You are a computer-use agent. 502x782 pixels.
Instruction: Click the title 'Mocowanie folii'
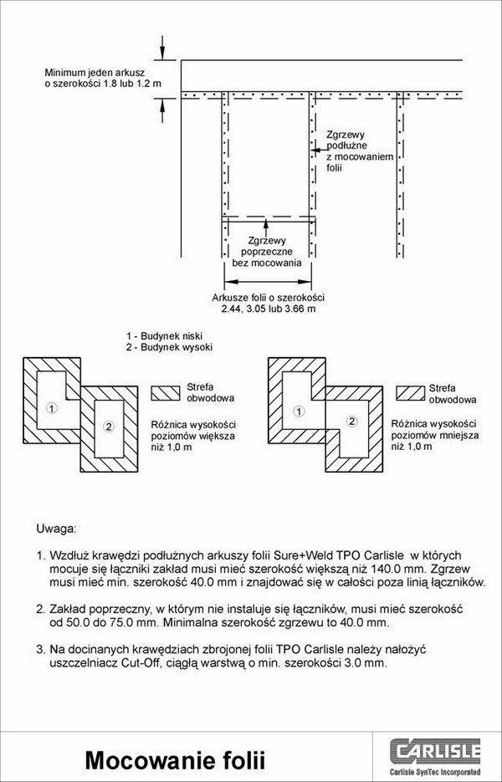pyautogui.click(x=175, y=760)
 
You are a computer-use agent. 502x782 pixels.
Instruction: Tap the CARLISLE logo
pyautogui.click(x=435, y=752)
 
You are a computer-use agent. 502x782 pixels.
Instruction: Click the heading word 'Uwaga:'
pyautogui.click(x=55, y=529)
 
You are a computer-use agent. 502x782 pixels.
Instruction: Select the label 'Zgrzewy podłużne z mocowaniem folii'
pyautogui.click(x=360, y=151)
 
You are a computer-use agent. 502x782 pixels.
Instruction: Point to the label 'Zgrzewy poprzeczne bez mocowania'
pyautogui.click(x=267, y=252)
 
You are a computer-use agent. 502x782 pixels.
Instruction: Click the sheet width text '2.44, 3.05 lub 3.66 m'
pyautogui.click(x=269, y=309)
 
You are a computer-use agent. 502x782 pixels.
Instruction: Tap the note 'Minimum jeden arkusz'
pyautogui.click(x=95, y=73)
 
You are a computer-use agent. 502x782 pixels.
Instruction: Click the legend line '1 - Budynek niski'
pyautogui.click(x=164, y=336)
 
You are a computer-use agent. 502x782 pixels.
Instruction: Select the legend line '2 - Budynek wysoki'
pyautogui.click(x=169, y=347)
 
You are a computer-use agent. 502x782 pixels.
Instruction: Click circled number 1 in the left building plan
pyautogui.click(x=51, y=408)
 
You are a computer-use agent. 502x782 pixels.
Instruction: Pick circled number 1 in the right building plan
pyautogui.click(x=299, y=411)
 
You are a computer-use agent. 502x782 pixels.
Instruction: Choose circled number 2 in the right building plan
pyautogui.click(x=352, y=422)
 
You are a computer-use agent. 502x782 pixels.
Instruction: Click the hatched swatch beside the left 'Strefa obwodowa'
pyautogui.click(x=166, y=393)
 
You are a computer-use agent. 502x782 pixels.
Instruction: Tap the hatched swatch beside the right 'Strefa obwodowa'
pyautogui.click(x=411, y=393)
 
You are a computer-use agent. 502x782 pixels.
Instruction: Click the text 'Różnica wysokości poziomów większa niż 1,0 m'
pyautogui.click(x=193, y=436)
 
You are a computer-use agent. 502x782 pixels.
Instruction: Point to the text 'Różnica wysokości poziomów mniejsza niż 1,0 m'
pyautogui.click(x=435, y=435)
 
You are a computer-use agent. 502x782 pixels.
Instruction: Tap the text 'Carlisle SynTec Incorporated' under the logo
pyautogui.click(x=435, y=772)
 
